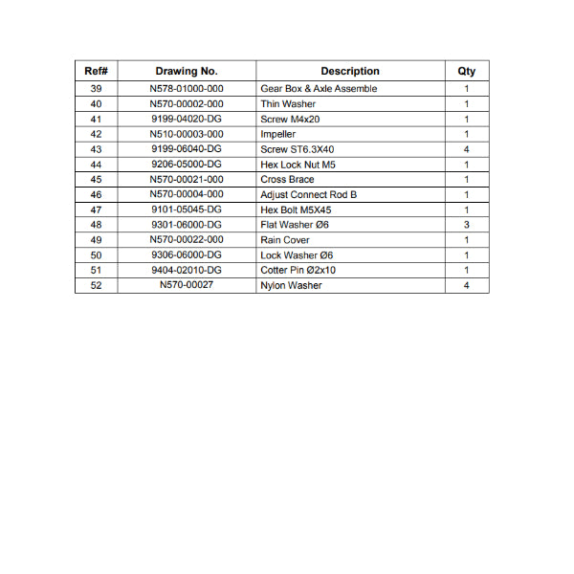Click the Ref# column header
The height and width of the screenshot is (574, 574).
[96, 71]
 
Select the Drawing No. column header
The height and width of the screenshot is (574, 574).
[187, 71]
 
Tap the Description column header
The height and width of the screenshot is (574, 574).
[349, 71]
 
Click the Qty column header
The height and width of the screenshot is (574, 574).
[466, 71]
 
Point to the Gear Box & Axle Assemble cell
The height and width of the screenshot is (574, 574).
[319, 89]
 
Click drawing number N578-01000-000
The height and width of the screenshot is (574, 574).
[187, 89]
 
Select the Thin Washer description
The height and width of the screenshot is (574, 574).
[288, 104]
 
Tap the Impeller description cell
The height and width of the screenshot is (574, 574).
[278, 135]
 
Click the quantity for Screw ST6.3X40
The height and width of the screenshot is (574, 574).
[466, 149]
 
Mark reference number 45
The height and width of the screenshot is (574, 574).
[96, 180]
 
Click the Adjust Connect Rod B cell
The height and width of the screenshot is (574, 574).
[308, 195]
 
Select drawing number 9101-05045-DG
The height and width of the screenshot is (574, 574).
[187, 210]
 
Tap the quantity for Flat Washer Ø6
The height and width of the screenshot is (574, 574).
[466, 225]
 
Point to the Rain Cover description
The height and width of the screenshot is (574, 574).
[285, 240]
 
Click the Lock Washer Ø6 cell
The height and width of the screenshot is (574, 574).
[297, 255]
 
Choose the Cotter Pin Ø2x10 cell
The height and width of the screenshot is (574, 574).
[298, 270]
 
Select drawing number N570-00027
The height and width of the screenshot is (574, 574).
[187, 285]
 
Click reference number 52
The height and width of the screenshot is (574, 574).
[96, 285]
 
